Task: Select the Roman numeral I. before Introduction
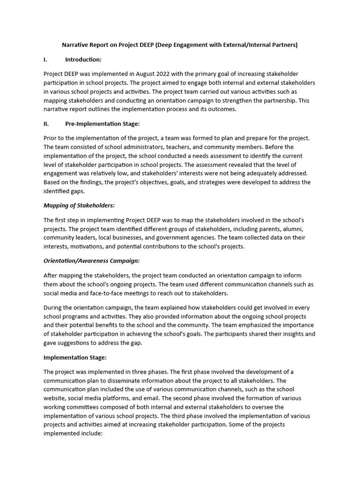pyautogui.click(x=45, y=60)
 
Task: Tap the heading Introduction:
pyautogui.click(x=83, y=60)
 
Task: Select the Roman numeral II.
pyautogui.click(x=46, y=124)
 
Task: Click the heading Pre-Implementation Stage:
pyautogui.click(x=102, y=124)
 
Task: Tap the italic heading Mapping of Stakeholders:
pyautogui.click(x=79, y=205)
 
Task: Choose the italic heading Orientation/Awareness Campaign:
pyautogui.click(x=91, y=261)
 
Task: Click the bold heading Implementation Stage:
pyautogui.click(x=75, y=357)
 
